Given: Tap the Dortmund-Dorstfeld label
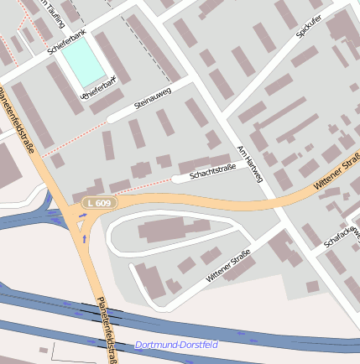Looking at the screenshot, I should [x=176, y=345].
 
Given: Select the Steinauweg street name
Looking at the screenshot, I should [x=153, y=98].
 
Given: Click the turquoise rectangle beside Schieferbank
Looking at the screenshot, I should [x=84, y=61].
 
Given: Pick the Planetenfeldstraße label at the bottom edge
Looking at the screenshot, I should [x=106, y=331].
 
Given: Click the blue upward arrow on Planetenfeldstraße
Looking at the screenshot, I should [x=84, y=239].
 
